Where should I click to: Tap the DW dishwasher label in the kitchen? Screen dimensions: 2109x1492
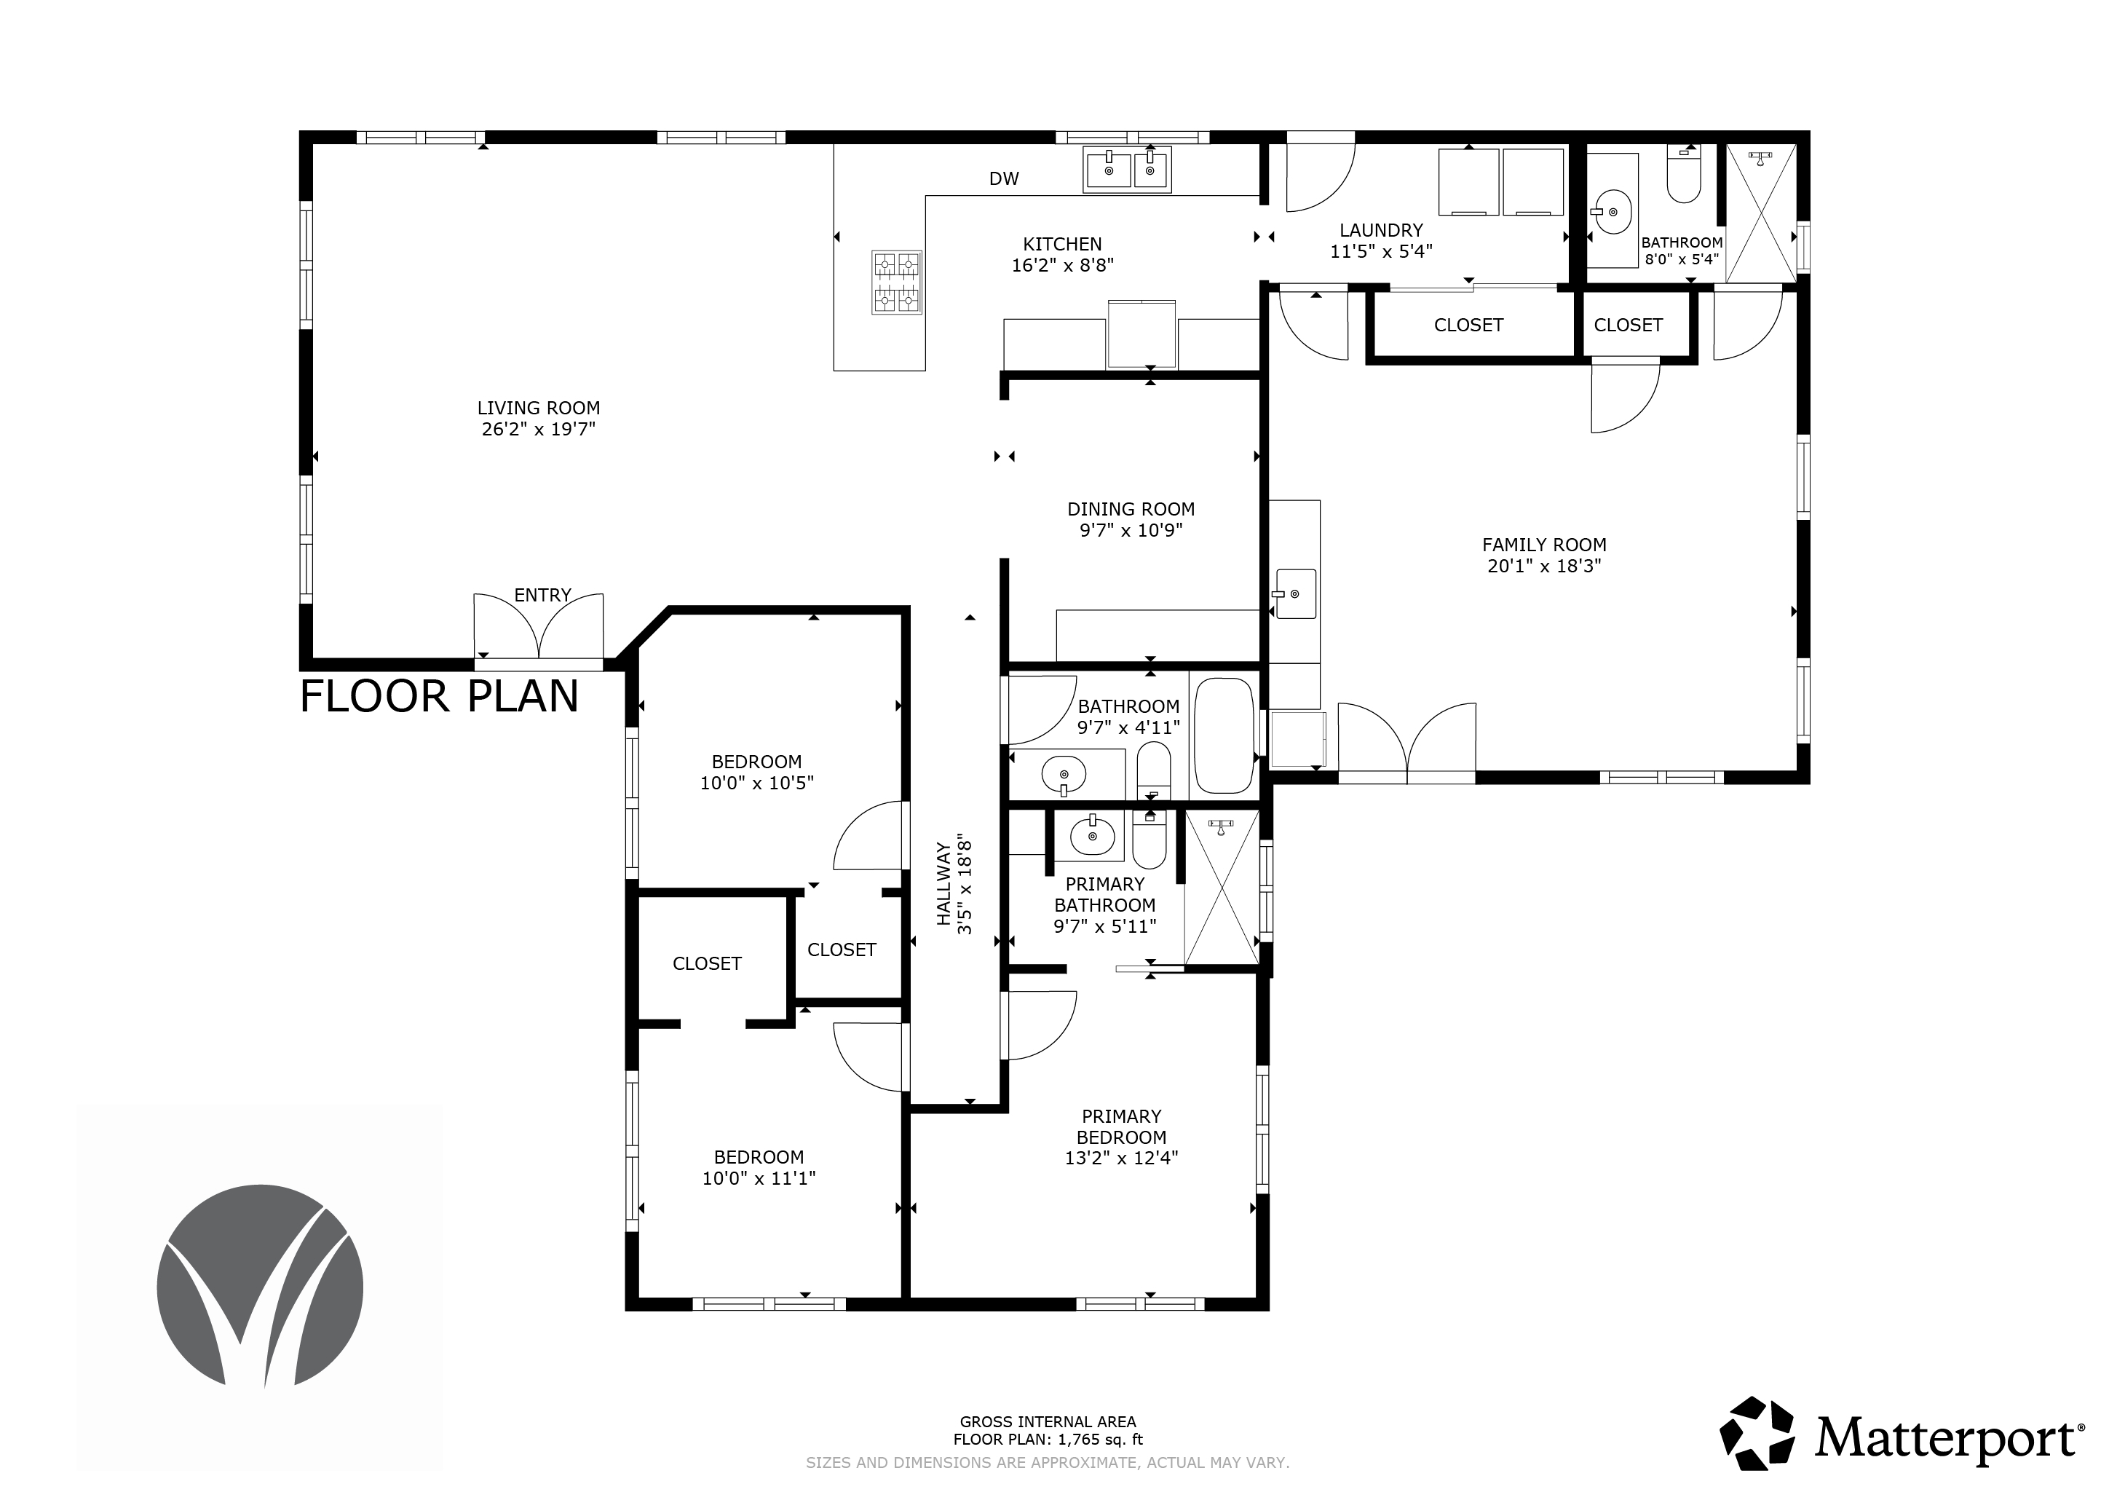[1004, 179]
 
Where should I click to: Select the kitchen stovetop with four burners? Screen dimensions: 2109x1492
[896, 283]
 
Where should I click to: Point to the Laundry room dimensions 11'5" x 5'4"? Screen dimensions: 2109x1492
[1382, 252]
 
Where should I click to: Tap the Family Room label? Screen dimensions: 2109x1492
[1544, 545]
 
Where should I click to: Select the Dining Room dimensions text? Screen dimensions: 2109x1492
[1131, 530]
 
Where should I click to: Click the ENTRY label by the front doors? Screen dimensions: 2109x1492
[543, 596]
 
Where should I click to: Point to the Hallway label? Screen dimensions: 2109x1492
[943, 884]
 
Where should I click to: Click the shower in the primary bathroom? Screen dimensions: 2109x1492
[1222, 887]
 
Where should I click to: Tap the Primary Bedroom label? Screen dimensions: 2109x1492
[1122, 1126]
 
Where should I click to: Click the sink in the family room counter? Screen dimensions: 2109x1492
[1295, 593]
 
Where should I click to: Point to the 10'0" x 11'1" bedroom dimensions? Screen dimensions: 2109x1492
[759, 1179]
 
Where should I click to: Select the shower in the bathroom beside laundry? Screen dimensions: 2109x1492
[1761, 213]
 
